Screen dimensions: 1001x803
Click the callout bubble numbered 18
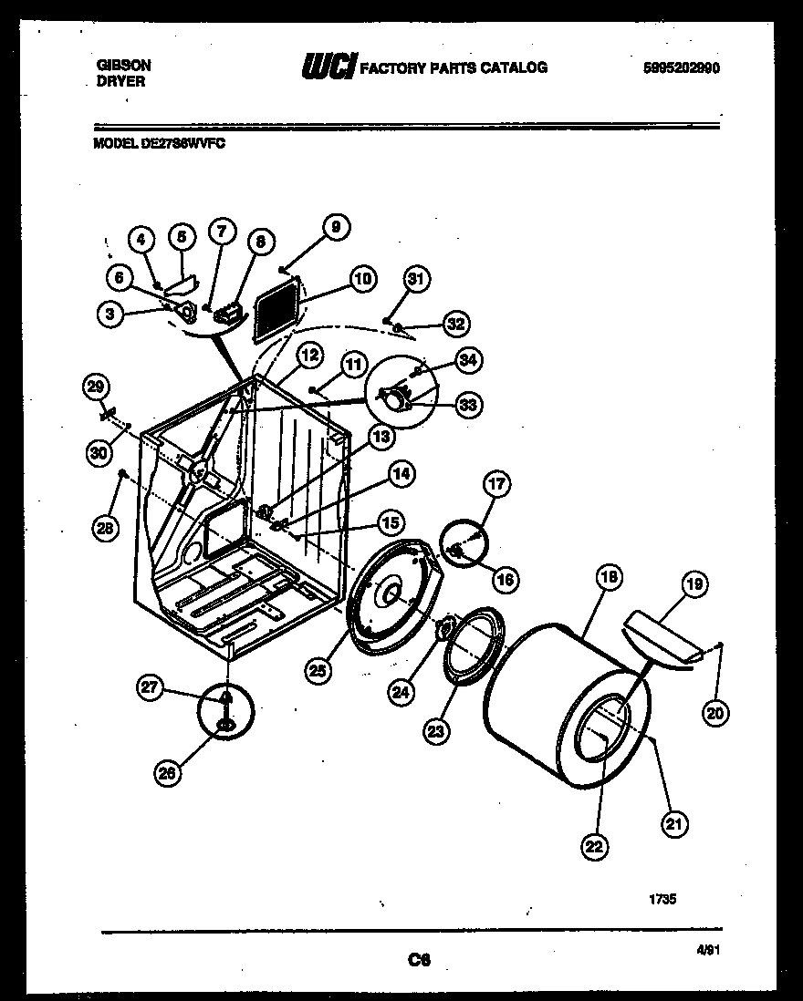pyautogui.click(x=608, y=576)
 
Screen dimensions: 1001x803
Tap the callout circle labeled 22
pyautogui.click(x=593, y=846)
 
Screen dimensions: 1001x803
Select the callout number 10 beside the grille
pyautogui.click(x=363, y=279)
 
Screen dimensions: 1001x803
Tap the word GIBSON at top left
pyautogui.click(x=123, y=66)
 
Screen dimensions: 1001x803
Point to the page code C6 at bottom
pyautogui.click(x=419, y=959)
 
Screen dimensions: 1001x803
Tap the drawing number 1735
pyautogui.click(x=662, y=898)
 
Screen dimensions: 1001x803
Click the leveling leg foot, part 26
pyautogui.click(x=223, y=725)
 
